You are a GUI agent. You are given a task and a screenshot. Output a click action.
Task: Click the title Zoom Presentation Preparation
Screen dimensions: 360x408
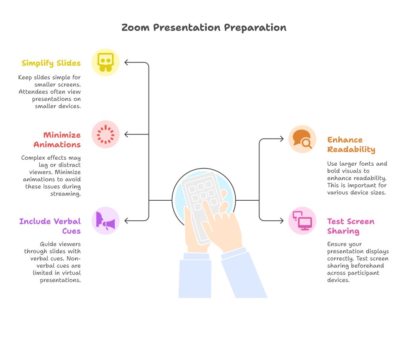(204, 28)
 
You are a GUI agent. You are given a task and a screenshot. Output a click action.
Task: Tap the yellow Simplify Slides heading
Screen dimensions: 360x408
(51, 63)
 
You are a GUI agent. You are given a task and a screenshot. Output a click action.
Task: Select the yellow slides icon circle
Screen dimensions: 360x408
(106, 62)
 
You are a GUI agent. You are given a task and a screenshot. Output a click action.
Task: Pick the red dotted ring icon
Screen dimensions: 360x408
(106, 134)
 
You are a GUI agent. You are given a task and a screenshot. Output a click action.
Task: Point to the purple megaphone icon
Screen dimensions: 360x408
(106, 221)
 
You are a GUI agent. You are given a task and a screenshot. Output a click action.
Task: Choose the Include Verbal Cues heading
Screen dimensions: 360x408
(50, 226)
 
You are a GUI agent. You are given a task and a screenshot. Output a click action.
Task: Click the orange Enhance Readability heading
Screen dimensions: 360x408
(351, 145)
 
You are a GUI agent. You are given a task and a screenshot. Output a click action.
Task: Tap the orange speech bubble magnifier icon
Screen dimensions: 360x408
(302, 139)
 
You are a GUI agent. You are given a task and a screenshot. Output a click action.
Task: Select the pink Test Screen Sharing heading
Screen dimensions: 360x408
(351, 226)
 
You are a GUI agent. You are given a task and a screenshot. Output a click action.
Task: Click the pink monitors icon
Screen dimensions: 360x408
(302, 221)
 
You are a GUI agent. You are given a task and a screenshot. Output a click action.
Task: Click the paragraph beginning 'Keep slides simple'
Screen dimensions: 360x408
(49, 92)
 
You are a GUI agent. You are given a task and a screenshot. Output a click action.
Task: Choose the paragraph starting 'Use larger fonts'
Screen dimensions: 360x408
(357, 178)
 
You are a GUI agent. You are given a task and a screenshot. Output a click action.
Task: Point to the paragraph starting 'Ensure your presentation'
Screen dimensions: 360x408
(358, 262)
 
